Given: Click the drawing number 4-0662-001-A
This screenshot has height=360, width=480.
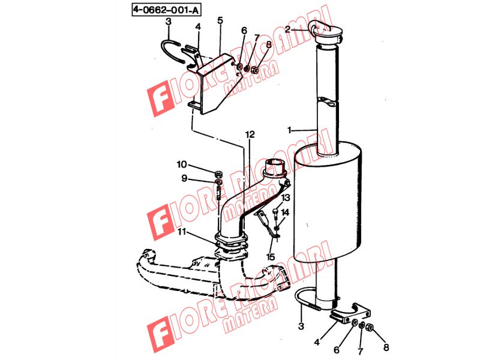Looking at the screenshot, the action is tap(167, 10).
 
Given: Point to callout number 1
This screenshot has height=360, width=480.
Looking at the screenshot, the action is tap(289, 130).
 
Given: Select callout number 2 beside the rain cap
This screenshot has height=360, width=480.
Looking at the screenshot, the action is tap(287, 29).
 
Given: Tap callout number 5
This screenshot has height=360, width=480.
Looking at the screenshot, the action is tap(220, 21).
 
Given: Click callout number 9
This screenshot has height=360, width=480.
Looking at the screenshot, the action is tap(184, 178).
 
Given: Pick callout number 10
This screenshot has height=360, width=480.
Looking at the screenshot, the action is tap(182, 164).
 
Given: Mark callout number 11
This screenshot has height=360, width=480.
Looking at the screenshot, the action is tap(182, 232).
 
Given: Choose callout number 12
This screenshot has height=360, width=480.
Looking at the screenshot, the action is tap(250, 134).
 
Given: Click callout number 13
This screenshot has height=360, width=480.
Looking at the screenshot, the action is tap(286, 197).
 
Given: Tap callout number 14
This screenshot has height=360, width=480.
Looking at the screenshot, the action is tap(285, 212).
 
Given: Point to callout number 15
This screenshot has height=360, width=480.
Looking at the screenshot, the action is tap(271, 257).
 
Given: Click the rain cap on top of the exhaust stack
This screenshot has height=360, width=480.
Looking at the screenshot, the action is tap(325, 30).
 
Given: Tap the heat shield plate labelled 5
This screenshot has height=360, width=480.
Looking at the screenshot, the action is tap(214, 84).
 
